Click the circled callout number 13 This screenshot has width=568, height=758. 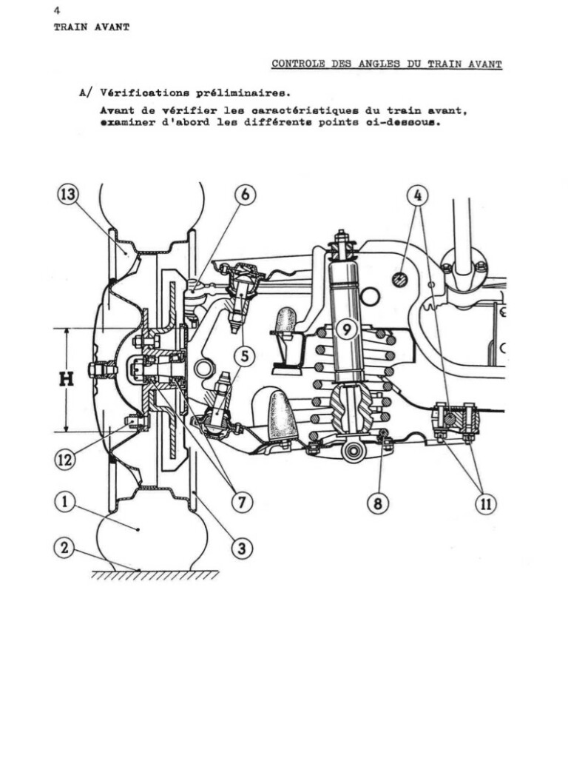pos(67,195)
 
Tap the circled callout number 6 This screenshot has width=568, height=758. pos(246,195)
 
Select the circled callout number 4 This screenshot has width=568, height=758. pos(418,195)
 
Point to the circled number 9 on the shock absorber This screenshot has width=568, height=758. pos(346,329)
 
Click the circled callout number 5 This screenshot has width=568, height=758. pos(245,356)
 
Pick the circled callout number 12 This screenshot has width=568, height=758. pos(64,459)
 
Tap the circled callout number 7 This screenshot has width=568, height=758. pos(242,503)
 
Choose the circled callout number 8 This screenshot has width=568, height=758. pos(378,503)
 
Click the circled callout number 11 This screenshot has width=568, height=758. pos(486,503)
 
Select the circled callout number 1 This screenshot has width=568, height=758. pos(64,502)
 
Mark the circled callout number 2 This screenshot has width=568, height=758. pos(64,549)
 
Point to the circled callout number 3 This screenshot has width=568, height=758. pos(242,549)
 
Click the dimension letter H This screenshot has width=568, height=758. pos(66,380)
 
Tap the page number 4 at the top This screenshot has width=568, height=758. pos(57,10)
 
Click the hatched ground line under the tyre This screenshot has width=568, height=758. pos(155,574)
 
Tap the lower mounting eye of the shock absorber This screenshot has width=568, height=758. pos(353,451)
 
